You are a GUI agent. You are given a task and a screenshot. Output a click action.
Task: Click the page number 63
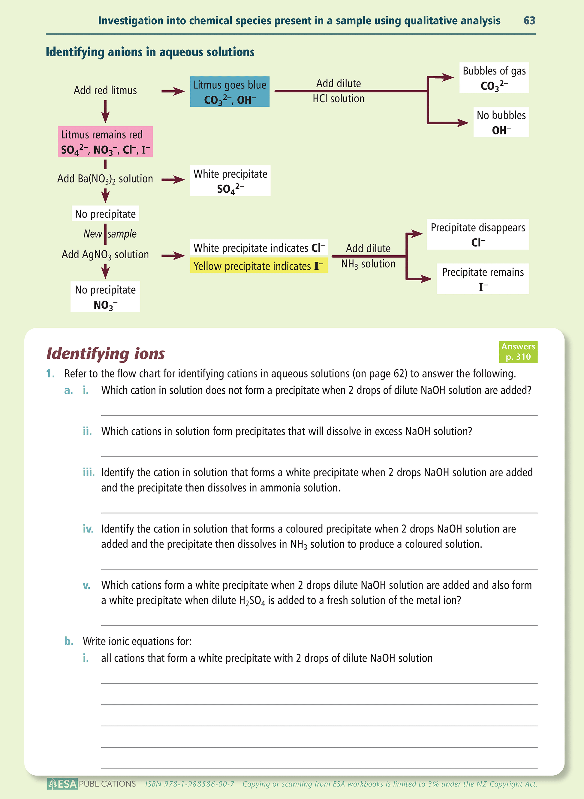(x=529, y=20)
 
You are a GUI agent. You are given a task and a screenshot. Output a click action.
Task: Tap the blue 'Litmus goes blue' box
(x=230, y=92)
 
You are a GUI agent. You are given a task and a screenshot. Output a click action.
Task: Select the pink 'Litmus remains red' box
(x=105, y=141)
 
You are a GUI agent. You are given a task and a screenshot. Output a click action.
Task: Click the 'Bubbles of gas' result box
(x=494, y=78)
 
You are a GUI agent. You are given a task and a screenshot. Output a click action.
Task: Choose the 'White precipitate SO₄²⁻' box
(x=230, y=181)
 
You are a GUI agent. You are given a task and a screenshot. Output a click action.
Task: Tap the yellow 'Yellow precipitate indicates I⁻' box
(x=259, y=266)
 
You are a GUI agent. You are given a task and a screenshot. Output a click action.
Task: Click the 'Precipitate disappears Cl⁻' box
(x=477, y=234)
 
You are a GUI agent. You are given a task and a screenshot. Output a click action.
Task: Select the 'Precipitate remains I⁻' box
(x=483, y=279)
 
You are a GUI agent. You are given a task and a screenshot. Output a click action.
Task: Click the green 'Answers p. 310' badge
(x=518, y=352)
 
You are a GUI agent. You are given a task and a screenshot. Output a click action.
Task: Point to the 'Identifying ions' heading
(x=106, y=353)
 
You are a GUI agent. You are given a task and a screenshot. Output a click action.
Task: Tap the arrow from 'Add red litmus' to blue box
(x=173, y=92)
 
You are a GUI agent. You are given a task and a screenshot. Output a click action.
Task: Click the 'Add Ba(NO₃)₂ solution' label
(x=105, y=179)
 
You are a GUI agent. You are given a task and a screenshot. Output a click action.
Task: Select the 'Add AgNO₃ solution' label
(x=105, y=254)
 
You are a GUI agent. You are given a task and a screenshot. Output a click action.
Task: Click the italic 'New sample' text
(x=110, y=234)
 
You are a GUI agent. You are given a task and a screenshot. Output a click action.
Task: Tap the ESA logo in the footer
(x=62, y=784)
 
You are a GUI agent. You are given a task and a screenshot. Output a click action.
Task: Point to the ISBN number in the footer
(x=190, y=784)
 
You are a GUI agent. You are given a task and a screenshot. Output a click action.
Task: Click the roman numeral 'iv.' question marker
(x=88, y=529)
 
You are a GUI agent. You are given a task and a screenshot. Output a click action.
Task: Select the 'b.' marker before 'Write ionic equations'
(x=69, y=641)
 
